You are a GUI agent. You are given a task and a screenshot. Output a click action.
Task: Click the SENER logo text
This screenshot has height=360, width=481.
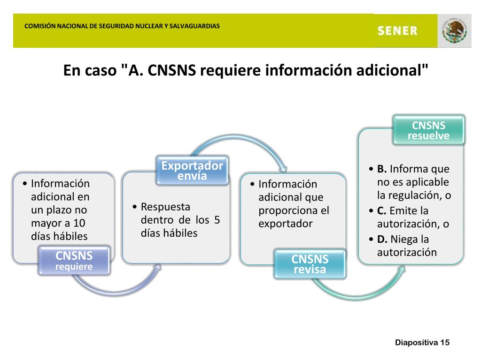(x=397, y=31)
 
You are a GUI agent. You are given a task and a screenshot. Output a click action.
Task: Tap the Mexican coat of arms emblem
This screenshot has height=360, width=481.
(x=454, y=31)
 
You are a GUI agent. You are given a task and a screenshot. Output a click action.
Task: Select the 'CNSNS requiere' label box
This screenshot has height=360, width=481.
(x=74, y=261)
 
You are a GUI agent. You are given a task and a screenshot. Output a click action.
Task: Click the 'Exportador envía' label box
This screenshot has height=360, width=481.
(x=192, y=171)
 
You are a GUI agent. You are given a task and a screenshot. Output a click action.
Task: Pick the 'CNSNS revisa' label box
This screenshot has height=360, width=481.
(x=310, y=264)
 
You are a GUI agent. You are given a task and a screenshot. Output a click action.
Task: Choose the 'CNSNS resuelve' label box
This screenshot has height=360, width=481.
(x=428, y=130)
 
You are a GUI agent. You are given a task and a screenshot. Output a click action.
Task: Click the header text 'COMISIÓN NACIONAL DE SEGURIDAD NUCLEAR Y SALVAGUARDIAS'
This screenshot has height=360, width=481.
(x=122, y=26)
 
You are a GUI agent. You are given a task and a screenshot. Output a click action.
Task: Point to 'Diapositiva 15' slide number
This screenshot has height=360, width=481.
(x=422, y=343)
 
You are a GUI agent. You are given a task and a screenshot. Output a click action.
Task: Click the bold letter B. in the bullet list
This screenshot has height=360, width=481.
(x=381, y=169)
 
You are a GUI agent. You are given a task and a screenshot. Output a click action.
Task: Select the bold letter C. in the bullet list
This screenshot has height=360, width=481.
(x=381, y=211)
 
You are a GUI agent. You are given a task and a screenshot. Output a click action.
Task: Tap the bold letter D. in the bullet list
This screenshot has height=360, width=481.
(x=382, y=240)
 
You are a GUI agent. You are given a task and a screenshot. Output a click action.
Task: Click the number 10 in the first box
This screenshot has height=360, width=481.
(x=79, y=223)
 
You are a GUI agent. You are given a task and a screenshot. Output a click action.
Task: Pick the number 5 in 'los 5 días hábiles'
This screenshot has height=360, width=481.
(x=217, y=220)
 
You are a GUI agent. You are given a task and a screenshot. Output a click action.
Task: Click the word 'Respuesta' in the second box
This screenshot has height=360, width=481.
(x=165, y=207)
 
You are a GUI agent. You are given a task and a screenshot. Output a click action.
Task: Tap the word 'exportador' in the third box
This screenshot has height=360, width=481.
(x=285, y=224)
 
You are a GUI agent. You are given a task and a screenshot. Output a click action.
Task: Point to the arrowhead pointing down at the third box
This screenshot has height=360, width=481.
(x=283, y=169)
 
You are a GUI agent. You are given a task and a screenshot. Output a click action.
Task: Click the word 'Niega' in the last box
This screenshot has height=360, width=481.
(x=403, y=240)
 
